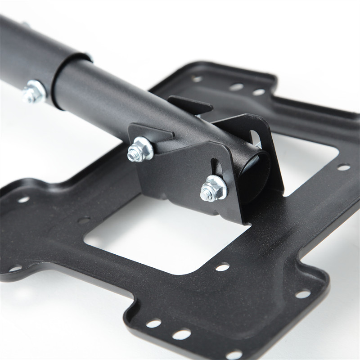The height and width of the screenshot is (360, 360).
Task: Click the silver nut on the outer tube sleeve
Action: [x=34, y=91]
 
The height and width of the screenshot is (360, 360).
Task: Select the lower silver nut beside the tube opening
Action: [x=213, y=188]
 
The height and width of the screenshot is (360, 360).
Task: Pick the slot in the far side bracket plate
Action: [x=254, y=137]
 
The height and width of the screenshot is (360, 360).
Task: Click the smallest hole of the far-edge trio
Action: [x=197, y=79]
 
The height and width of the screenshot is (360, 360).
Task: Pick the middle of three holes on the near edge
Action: [x=181, y=334]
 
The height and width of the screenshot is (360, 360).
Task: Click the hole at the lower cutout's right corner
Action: [x=222, y=267]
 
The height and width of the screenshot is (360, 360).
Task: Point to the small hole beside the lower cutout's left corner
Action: [x=84, y=220]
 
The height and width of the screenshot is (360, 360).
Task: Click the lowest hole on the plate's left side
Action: [x=15, y=269]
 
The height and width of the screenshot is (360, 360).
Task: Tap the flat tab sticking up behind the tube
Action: [x=189, y=105]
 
